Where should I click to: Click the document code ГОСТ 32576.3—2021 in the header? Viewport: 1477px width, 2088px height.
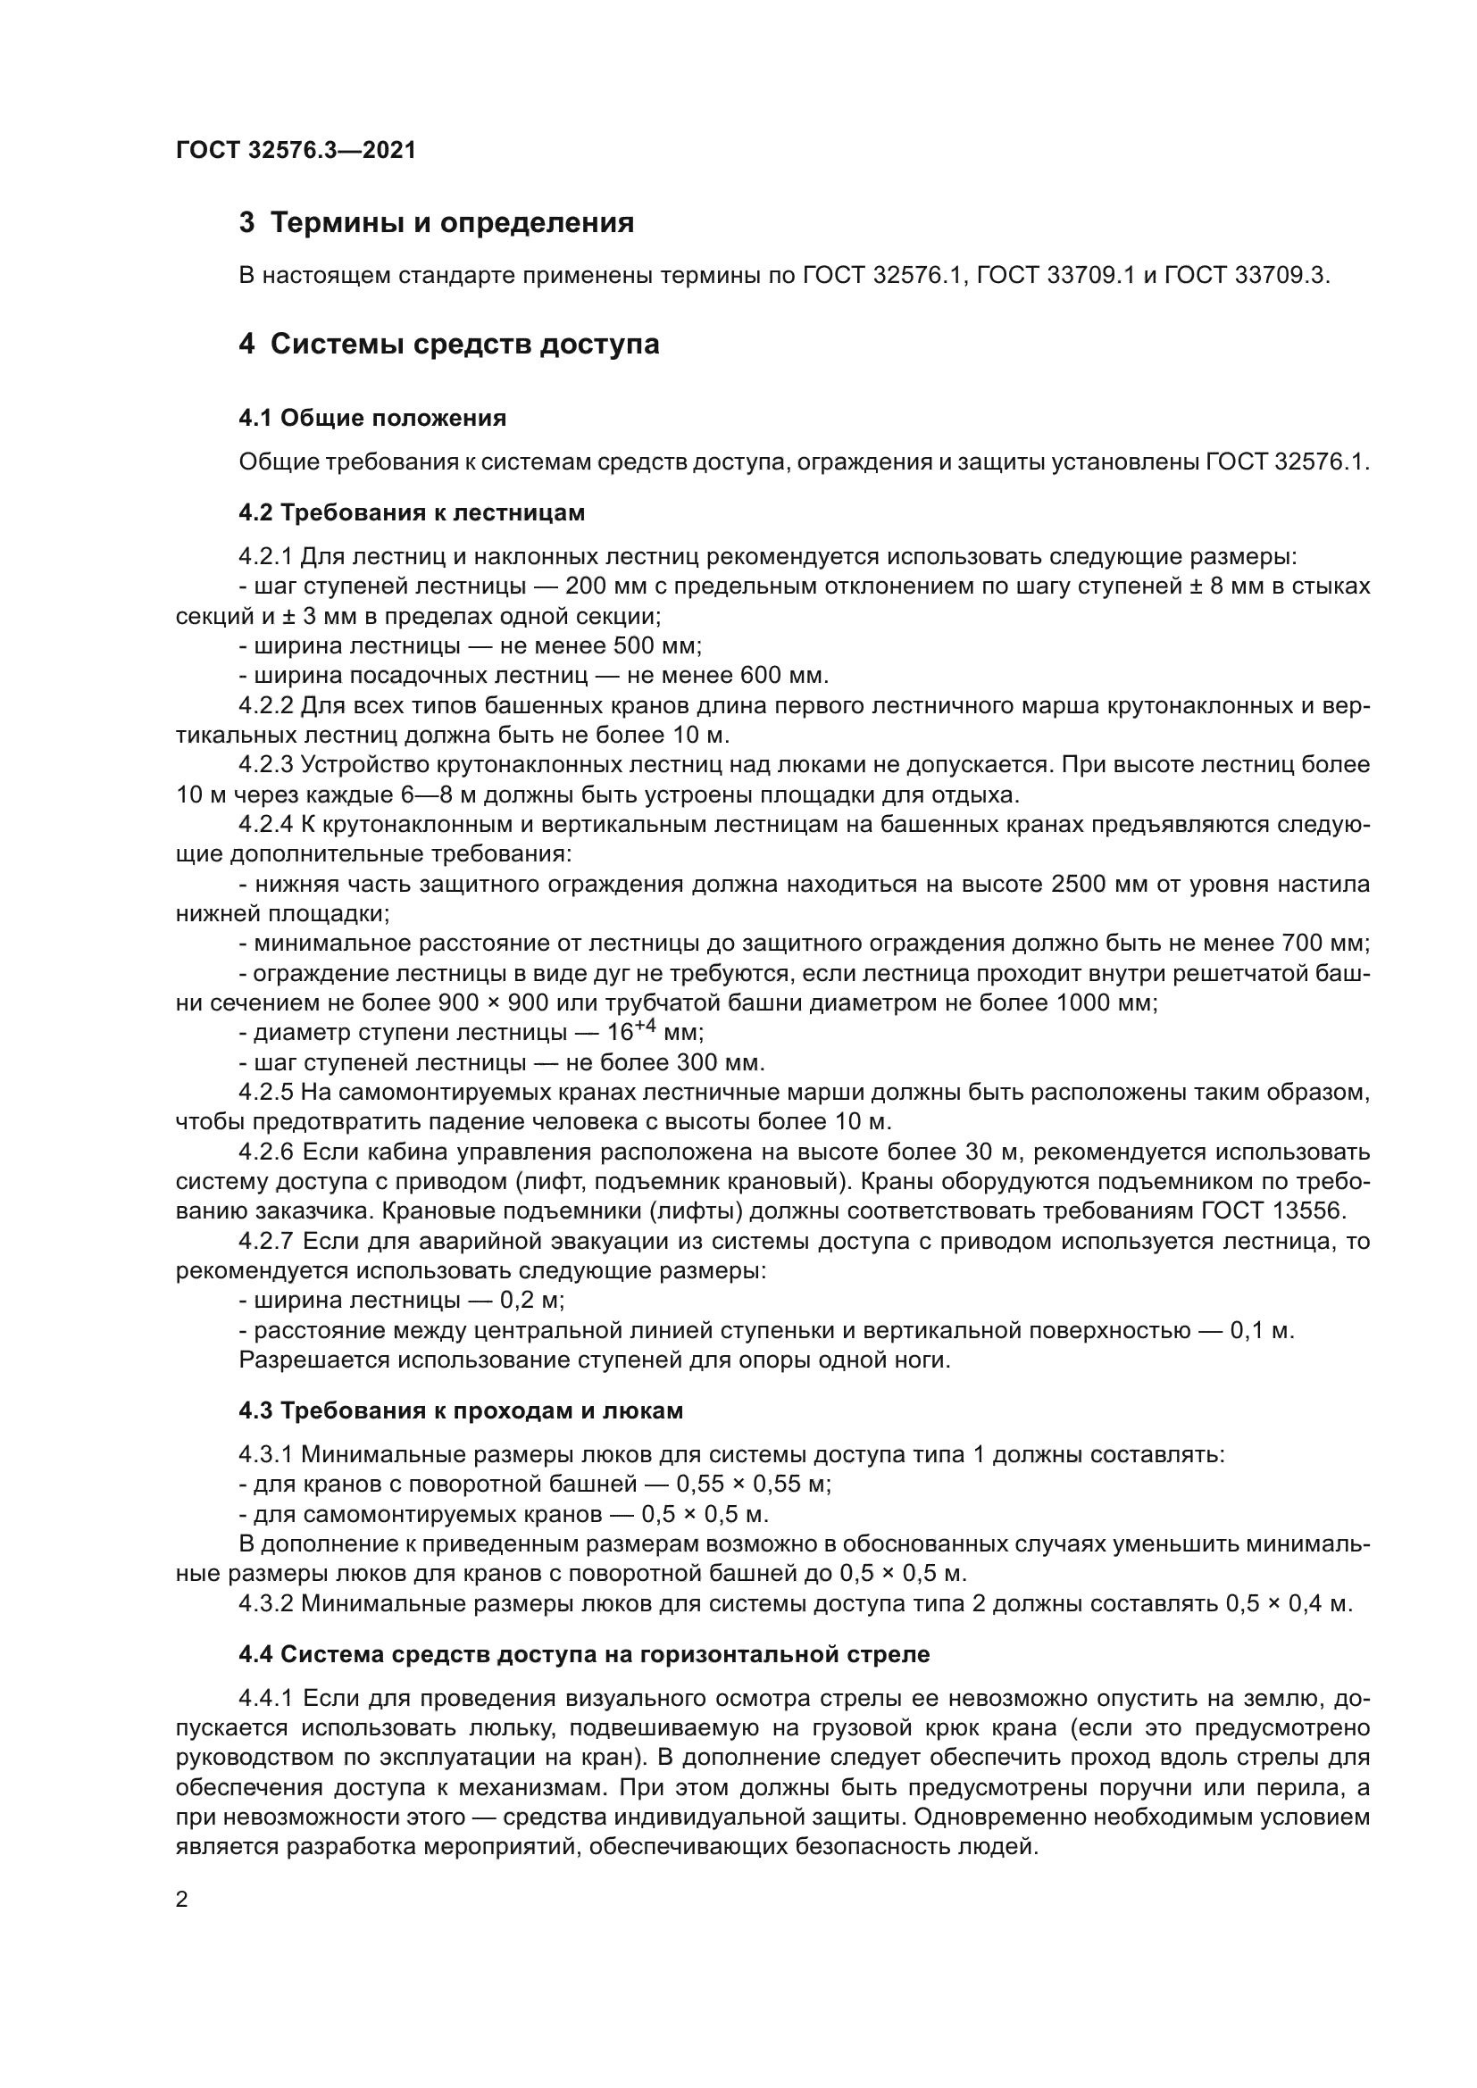(296, 151)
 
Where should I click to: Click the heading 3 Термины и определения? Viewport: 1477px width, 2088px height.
(437, 223)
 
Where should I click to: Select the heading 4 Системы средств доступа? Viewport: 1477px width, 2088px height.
(449, 345)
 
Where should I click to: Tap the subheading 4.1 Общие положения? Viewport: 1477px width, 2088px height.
(372, 419)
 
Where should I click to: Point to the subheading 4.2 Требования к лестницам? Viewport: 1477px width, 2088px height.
(411, 513)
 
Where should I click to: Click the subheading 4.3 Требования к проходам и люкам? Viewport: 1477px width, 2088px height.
(460, 1410)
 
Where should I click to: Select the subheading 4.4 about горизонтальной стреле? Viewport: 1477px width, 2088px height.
(584, 1654)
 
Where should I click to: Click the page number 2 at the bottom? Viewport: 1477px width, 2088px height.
(182, 1900)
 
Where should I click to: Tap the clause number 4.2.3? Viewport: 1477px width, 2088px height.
(266, 765)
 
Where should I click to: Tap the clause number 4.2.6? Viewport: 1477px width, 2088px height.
(266, 1152)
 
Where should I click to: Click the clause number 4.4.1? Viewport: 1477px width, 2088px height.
(266, 1699)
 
